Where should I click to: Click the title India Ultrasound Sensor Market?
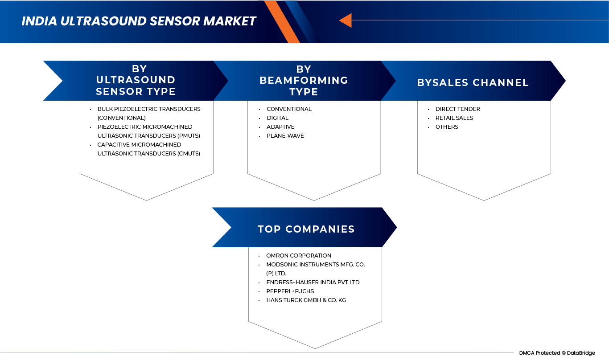[139, 21]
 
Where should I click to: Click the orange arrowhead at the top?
[346, 20]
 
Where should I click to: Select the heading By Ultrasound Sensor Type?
[136, 80]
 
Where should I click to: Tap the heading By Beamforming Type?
[304, 81]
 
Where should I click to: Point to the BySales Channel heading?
[473, 83]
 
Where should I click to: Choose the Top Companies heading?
[306, 229]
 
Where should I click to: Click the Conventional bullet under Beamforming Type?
[289, 109]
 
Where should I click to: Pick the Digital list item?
[277, 118]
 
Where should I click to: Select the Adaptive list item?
[280, 127]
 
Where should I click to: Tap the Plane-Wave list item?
[285, 136]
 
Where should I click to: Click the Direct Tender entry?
[457, 109]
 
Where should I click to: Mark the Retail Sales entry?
[454, 118]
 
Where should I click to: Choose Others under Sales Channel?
[447, 127]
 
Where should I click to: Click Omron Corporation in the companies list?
[298, 256]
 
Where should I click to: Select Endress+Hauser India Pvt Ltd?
[313, 282]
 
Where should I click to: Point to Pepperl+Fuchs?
[290, 291]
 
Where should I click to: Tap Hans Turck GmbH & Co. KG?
[306, 300]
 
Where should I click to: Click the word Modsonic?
[280, 265]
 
